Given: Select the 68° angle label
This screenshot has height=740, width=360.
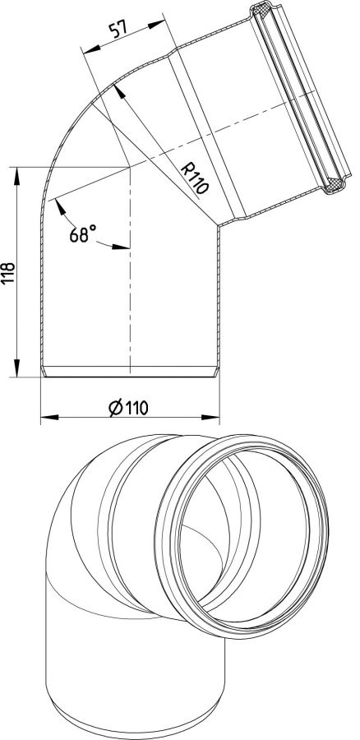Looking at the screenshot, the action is click(82, 234).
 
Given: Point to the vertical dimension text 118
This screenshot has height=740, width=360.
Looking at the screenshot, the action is click(8, 273).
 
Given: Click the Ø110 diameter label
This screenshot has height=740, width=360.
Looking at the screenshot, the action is click(128, 407).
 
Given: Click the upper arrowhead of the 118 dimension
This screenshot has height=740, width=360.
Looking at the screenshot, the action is click(17, 176).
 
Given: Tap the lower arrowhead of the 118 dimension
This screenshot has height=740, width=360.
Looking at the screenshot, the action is click(17, 368).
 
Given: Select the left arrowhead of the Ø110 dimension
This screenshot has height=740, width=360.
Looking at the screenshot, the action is click(49, 417).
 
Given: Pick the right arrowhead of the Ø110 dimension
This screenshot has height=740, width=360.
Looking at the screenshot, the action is click(210, 417).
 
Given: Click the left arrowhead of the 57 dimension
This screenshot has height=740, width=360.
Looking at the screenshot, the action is click(91, 49).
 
